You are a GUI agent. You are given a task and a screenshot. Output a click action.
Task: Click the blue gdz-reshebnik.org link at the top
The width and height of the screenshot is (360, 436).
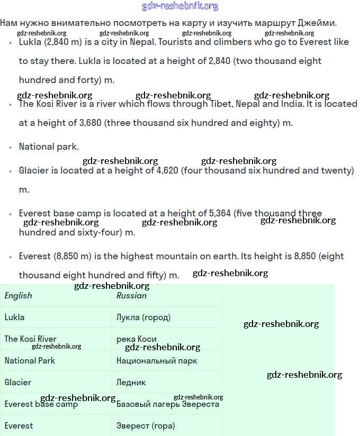point(180,6)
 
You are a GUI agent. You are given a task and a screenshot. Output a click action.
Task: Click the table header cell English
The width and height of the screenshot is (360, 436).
point(18,296)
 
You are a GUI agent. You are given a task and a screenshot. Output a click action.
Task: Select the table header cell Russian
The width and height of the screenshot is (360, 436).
point(131,296)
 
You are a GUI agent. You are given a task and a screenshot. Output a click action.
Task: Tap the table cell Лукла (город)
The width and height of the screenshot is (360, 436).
point(143,317)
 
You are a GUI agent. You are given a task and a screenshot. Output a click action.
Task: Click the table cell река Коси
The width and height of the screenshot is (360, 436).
point(136,339)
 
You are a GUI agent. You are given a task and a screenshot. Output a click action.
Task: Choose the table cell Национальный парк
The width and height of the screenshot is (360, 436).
point(157,361)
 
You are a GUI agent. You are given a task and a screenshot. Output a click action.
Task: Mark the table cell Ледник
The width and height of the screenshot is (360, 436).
point(131,382)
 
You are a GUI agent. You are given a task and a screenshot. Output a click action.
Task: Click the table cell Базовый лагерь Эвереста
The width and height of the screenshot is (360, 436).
point(167,404)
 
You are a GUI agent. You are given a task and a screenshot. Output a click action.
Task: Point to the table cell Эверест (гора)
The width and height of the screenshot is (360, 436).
point(146,425)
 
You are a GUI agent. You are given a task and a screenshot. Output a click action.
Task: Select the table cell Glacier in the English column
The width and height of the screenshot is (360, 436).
point(17,382)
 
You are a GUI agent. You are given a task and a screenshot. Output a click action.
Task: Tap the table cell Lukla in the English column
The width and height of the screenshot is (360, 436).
point(14,317)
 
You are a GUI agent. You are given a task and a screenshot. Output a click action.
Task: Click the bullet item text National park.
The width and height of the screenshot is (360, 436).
point(49,147)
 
